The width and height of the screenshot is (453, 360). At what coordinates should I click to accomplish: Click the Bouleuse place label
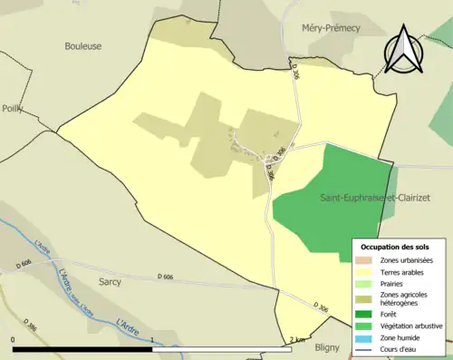point(83,45)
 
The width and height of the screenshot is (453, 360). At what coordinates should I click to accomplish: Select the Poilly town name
point(12,109)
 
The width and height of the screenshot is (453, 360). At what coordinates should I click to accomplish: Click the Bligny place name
point(327,346)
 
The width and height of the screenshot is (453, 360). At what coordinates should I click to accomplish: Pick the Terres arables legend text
point(404,271)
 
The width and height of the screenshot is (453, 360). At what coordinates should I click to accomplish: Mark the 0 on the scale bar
point(14,339)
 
